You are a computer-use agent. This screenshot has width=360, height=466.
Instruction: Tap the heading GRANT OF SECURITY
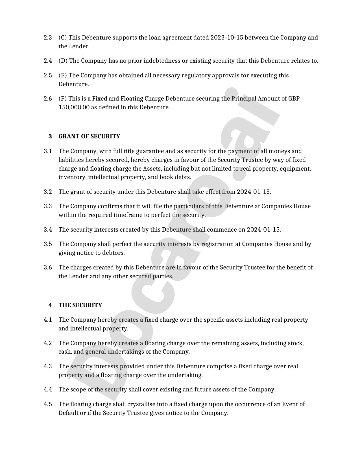pyautogui.click(x=89, y=136)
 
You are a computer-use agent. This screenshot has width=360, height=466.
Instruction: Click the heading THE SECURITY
pyautogui.click(x=80, y=305)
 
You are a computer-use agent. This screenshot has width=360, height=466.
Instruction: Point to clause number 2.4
pyautogui.click(x=48, y=61)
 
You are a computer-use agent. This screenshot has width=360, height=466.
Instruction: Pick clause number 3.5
pyautogui.click(x=48, y=244)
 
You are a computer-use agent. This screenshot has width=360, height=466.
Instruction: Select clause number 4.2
pyautogui.click(x=48, y=343)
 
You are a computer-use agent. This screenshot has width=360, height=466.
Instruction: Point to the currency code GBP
pyautogui.click(x=294, y=99)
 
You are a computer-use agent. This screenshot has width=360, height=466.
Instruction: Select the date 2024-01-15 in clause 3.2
pyautogui.click(x=254, y=192)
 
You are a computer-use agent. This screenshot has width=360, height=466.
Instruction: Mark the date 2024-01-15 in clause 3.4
pyautogui.click(x=263, y=230)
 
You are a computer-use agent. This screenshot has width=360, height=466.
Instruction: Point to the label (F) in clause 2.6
pyautogui.click(x=63, y=99)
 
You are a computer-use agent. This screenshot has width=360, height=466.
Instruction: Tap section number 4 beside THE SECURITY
pyautogui.click(x=50, y=305)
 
